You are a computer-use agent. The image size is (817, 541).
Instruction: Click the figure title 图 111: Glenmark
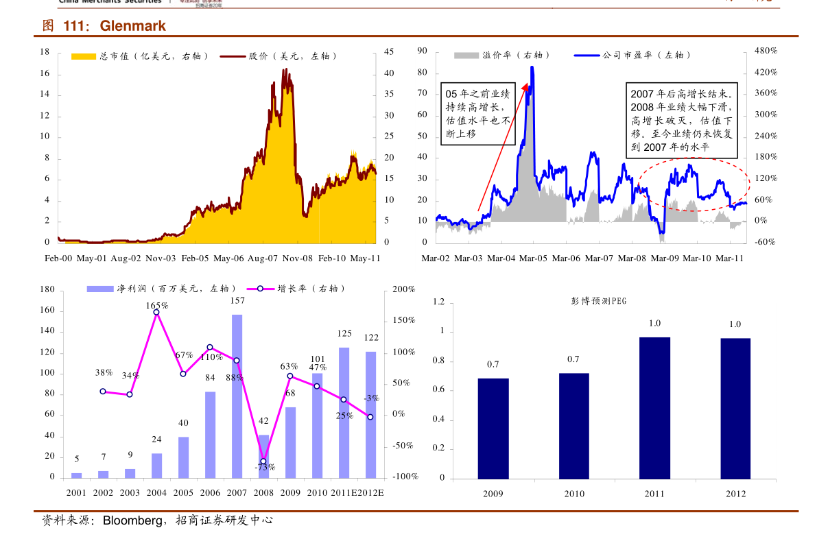(104, 27)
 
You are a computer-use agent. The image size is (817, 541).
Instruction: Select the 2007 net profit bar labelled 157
(237, 396)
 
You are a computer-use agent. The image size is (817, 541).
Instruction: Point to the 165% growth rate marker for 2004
(156, 312)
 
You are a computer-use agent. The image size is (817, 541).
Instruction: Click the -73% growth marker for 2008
(263, 461)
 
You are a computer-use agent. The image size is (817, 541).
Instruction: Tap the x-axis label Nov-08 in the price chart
(298, 259)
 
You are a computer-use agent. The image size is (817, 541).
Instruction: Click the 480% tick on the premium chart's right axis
(765, 51)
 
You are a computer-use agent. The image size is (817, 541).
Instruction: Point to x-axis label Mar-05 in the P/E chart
(533, 259)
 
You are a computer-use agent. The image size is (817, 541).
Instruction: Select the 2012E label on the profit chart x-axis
(370, 493)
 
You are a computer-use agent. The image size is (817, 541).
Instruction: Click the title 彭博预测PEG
(598, 300)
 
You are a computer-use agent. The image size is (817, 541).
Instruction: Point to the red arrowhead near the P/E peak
(527, 87)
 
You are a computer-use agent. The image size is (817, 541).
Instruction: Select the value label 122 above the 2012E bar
(371, 337)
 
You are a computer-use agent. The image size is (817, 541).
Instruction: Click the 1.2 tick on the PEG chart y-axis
(439, 302)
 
